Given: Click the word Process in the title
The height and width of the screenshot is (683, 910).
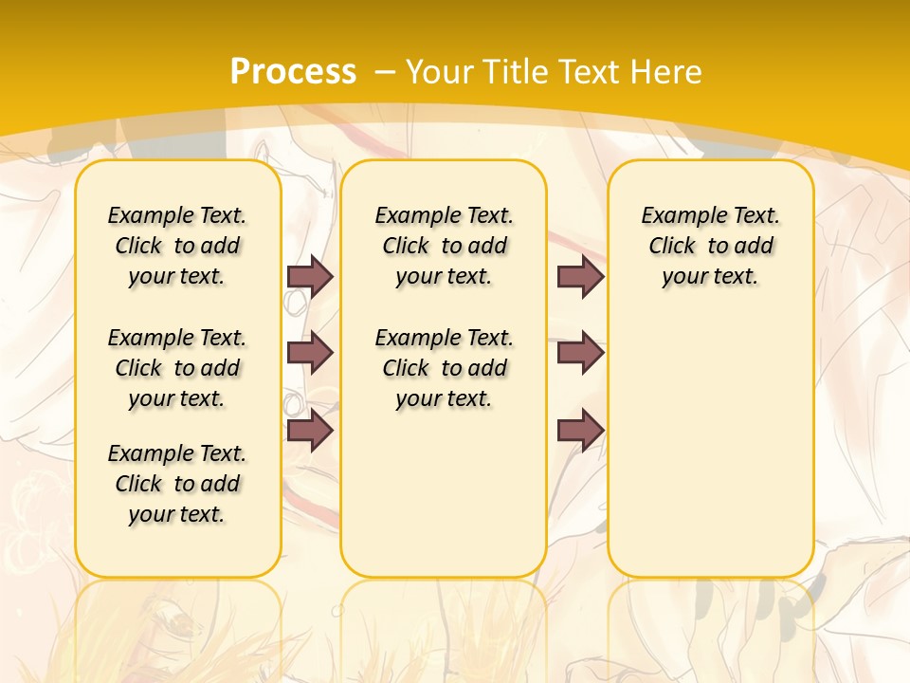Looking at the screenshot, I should click(x=293, y=71).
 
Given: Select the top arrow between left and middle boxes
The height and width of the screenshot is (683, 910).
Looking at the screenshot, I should click(x=310, y=276).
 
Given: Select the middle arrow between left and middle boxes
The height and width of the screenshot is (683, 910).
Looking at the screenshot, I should click(x=310, y=353).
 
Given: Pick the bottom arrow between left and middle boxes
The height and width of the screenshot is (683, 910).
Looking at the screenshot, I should click(x=310, y=430).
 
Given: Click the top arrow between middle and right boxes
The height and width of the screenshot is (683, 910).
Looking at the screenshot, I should click(x=580, y=276).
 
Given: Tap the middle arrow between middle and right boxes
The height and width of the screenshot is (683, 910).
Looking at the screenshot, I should click(x=580, y=353).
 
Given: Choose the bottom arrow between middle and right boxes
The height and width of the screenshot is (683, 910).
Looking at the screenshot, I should click(x=580, y=430).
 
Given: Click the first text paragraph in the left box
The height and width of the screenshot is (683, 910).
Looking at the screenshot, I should click(x=177, y=246).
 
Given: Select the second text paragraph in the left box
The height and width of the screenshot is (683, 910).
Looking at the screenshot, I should click(x=177, y=368).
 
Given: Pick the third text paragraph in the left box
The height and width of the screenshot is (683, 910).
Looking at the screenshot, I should click(x=177, y=484).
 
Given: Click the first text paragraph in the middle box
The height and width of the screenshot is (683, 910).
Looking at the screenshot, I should click(x=444, y=246).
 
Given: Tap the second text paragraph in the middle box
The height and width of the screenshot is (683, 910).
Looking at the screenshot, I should click(x=444, y=368).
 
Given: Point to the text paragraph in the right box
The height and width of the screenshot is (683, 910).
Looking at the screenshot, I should click(x=711, y=246).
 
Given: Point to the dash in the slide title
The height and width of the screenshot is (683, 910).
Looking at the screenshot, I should click(x=385, y=71).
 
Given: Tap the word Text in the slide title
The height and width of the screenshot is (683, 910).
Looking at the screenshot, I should click(x=587, y=71).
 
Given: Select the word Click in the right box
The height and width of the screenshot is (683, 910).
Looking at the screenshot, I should click(x=672, y=247).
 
